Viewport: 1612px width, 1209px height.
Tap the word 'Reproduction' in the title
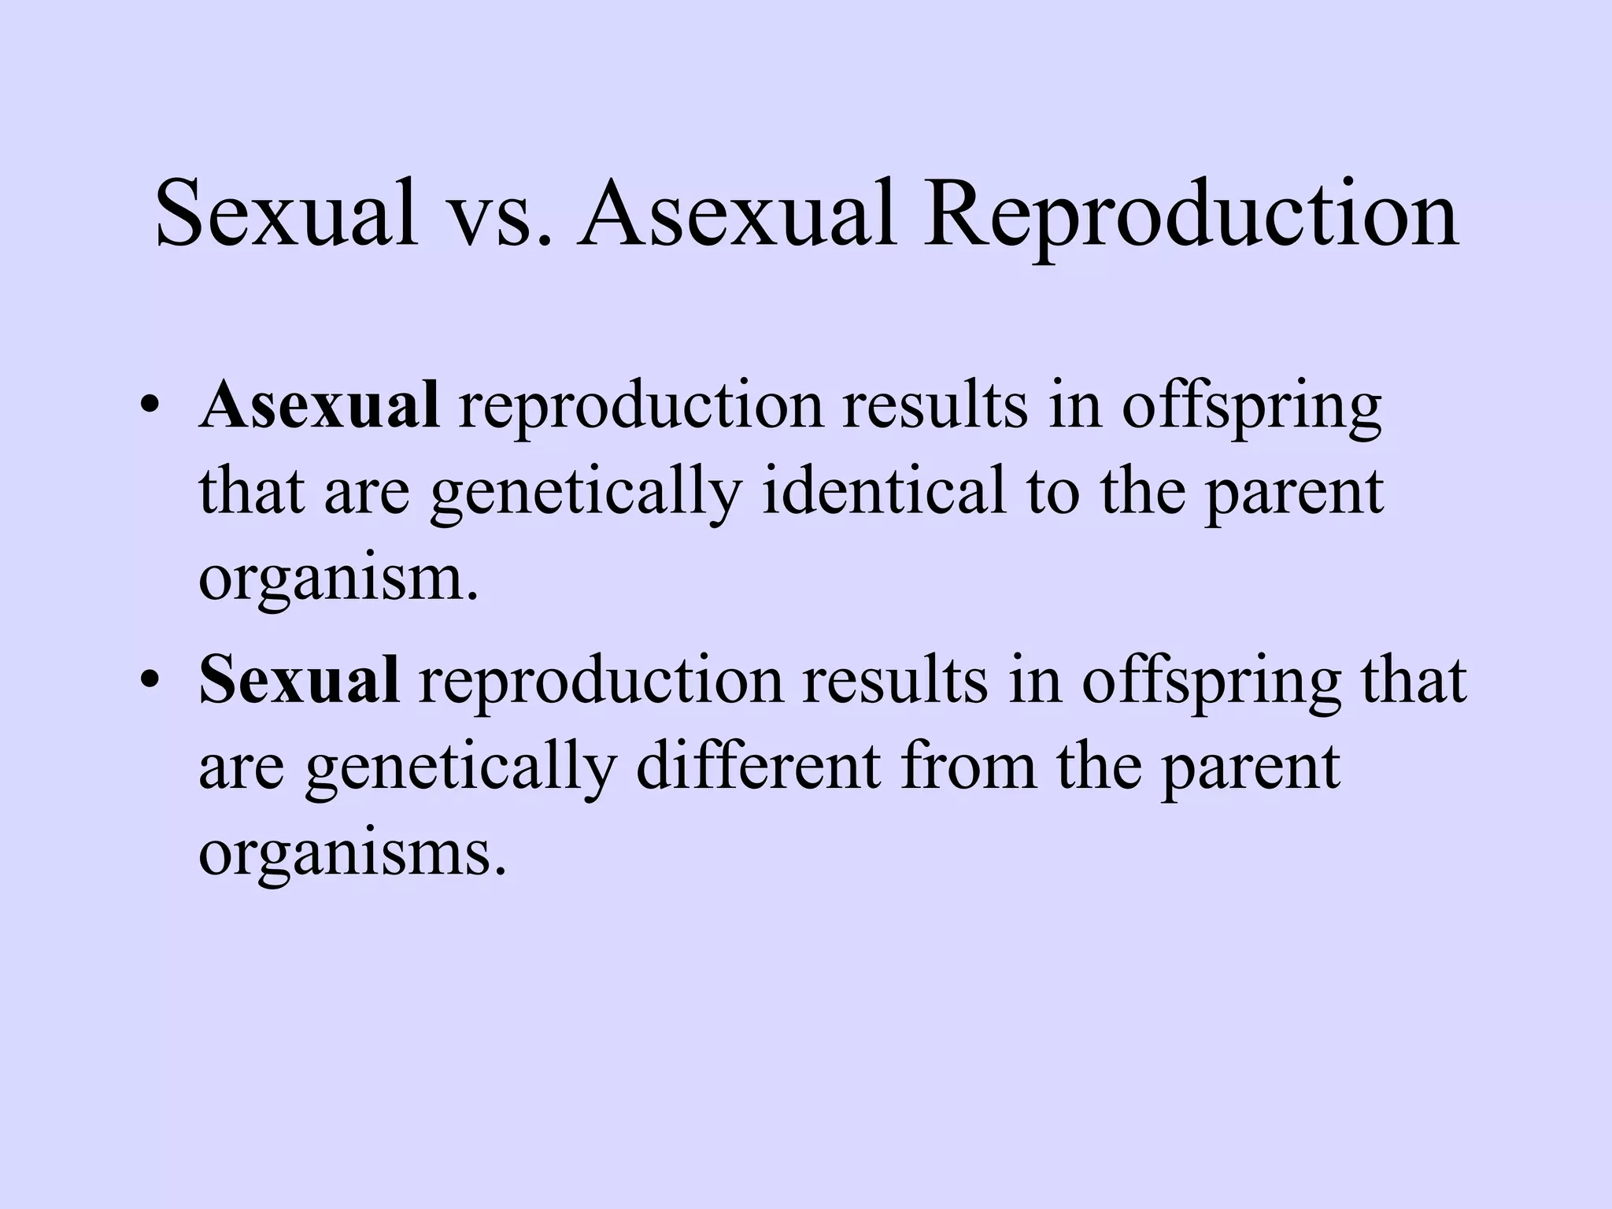pyautogui.click(x=1189, y=214)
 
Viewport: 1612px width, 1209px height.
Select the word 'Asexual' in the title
pyautogui.click(x=737, y=214)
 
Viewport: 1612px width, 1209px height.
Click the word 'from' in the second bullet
pyautogui.click(x=969, y=766)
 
